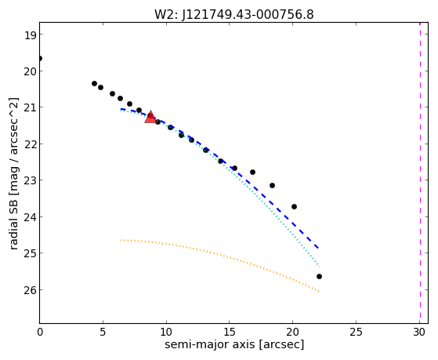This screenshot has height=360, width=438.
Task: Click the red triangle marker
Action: tap(150, 118)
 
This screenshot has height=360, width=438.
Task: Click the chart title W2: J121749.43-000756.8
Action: tap(234, 14)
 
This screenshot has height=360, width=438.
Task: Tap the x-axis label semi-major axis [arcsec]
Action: tap(234, 344)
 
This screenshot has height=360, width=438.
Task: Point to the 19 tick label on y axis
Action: tap(30, 35)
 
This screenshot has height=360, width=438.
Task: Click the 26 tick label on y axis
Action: tap(30, 289)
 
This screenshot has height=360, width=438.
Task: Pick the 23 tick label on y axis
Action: tap(30, 180)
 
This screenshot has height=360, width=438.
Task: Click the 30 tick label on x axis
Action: tap(419, 332)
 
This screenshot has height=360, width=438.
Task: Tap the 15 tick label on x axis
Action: tap(230, 332)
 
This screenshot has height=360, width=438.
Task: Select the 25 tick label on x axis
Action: tap(357, 332)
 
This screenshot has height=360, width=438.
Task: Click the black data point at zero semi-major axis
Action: tap(40, 59)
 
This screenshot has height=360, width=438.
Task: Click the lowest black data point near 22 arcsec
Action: tap(319, 276)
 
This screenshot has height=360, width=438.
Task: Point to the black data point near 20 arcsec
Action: tap(294, 206)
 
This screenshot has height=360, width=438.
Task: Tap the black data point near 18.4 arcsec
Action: tap(273, 185)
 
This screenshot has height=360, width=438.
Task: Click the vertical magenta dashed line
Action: tap(420, 173)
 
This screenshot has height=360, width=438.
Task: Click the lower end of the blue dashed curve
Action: tap(318, 248)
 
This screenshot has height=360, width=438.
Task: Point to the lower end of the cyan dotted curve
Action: tap(319, 266)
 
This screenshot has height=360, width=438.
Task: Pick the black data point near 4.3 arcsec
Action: tap(94, 83)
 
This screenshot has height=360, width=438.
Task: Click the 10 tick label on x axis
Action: tap(166, 332)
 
